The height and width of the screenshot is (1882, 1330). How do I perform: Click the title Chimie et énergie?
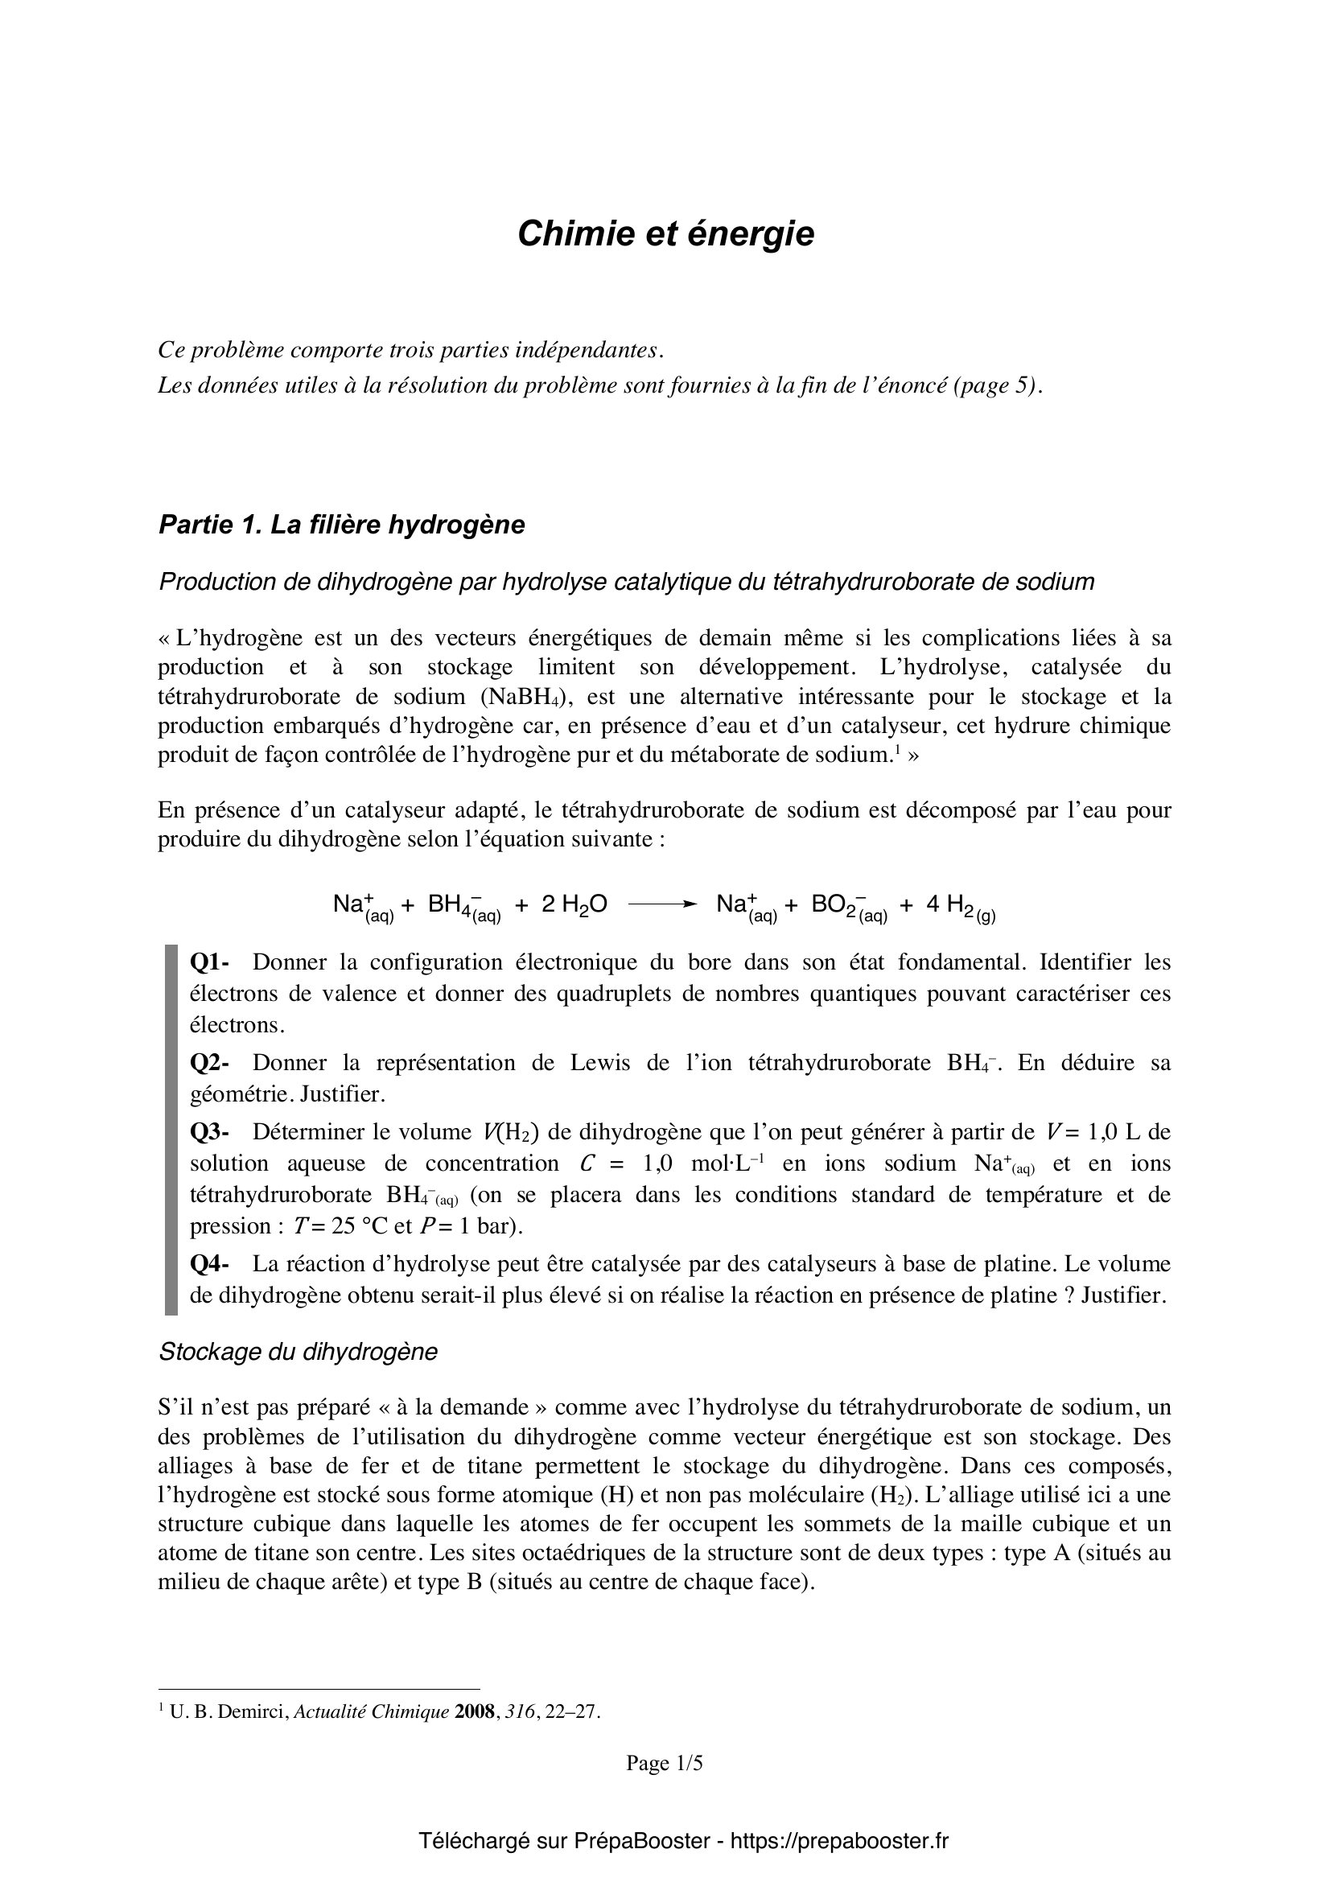tap(665, 234)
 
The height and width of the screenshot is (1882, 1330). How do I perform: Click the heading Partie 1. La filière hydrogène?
tap(341, 525)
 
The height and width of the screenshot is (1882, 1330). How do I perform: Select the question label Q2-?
tap(210, 1063)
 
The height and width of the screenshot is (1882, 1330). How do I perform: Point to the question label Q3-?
tap(210, 1132)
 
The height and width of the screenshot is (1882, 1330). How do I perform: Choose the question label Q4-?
tap(210, 1263)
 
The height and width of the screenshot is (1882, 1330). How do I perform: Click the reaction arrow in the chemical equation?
tap(661, 905)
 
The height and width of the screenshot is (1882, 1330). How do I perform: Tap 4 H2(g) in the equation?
tap(961, 907)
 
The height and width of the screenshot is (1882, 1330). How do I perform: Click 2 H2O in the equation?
tap(574, 905)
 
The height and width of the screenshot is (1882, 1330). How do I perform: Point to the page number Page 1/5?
tap(665, 1762)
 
